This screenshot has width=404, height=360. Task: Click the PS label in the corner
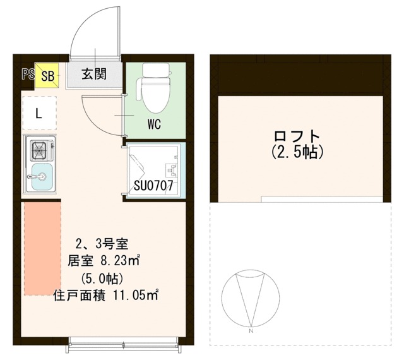coord(28,75)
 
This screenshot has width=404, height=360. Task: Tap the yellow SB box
coord(47,75)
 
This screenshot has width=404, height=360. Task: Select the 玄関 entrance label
coord(94,74)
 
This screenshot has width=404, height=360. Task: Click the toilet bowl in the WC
coord(156,95)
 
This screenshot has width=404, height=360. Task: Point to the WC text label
coord(154,124)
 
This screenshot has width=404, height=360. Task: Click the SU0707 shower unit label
coord(153,186)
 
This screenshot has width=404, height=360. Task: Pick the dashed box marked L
coord(40,113)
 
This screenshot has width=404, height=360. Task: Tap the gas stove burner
coord(39,150)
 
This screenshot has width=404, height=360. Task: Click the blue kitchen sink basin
coord(42,176)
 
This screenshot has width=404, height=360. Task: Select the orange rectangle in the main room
coord(42,249)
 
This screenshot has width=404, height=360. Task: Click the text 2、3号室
coord(102,244)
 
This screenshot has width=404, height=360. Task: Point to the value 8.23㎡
coord(120,261)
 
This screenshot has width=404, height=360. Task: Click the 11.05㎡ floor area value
coord(136,296)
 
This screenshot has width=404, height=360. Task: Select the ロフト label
coord(297,136)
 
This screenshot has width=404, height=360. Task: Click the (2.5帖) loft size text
coord(297,152)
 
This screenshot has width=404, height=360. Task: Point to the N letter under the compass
coord(251,331)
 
